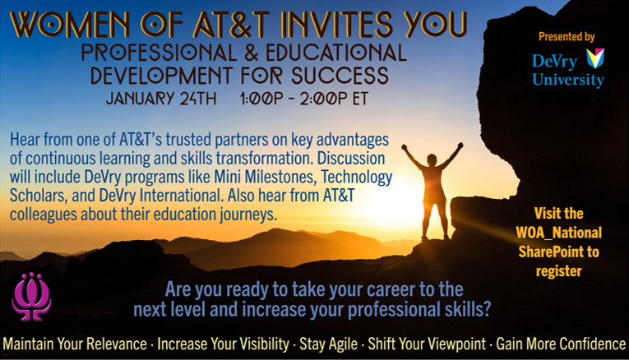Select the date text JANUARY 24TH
tap(161, 99)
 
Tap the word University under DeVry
tap(567, 81)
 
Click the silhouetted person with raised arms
tap(432, 190)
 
